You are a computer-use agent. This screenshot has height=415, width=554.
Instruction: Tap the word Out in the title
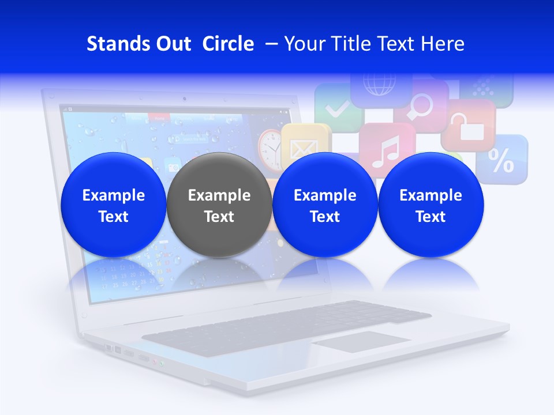coord(172,44)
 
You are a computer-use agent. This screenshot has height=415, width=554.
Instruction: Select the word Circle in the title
coord(228,44)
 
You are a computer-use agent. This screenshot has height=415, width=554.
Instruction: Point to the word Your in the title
coord(304,44)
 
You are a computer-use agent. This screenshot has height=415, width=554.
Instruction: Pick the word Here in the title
coord(442,44)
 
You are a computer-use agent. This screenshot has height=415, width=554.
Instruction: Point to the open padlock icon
coord(469,126)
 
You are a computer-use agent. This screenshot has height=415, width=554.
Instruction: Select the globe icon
coord(379,85)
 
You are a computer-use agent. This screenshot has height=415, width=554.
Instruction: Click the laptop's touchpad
coord(361,341)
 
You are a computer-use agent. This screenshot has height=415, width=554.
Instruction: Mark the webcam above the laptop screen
coord(185,99)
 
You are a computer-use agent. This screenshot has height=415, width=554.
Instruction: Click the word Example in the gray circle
coord(219,195)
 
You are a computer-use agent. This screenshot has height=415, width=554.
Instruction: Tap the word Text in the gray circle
coord(219,217)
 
